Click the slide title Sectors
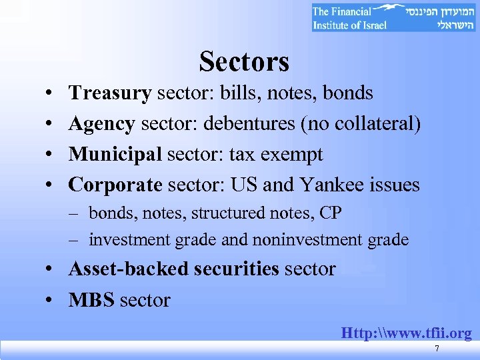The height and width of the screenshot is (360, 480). (244, 62)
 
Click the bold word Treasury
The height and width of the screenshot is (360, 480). (110, 93)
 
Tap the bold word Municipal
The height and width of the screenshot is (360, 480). (115, 155)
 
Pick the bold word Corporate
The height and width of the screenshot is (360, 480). (115, 185)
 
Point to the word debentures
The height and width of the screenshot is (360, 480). (239, 124)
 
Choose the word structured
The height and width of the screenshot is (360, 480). (227, 213)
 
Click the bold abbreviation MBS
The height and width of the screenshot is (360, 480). (92, 300)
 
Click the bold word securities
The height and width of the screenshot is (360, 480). (237, 269)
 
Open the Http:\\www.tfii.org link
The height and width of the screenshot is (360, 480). (406, 333)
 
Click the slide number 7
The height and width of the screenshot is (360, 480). (436, 349)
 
